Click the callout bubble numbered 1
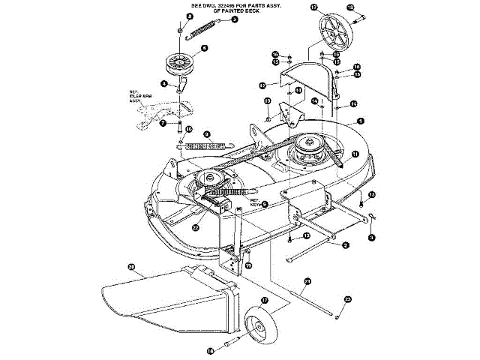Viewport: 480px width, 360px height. pos(360,121)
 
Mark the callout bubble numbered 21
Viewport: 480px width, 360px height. pos(307,281)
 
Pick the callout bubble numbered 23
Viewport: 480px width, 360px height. pos(347,300)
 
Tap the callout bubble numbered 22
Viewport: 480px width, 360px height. pos(195,227)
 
